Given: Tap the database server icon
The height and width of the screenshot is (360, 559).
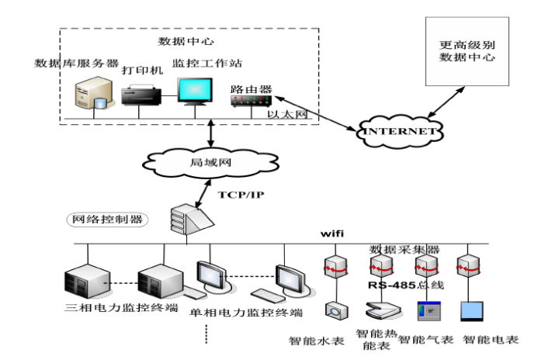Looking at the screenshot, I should [x=89, y=97].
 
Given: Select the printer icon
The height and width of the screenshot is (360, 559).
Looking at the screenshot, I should [x=141, y=96].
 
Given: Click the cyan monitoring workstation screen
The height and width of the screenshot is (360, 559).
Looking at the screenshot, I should [x=195, y=91].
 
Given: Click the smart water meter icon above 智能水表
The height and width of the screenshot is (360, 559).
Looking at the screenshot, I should [x=336, y=311].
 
